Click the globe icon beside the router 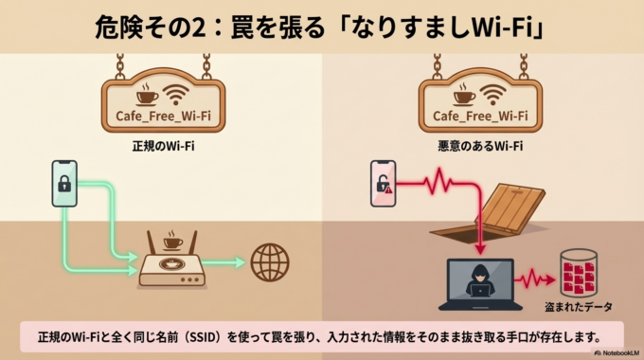[270, 260]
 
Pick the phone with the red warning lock [383, 183]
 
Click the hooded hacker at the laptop [474, 280]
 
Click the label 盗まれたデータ [578, 307]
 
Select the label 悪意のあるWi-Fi [480, 148]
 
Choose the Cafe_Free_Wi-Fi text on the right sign [480, 117]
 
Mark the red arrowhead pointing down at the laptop [479, 249]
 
